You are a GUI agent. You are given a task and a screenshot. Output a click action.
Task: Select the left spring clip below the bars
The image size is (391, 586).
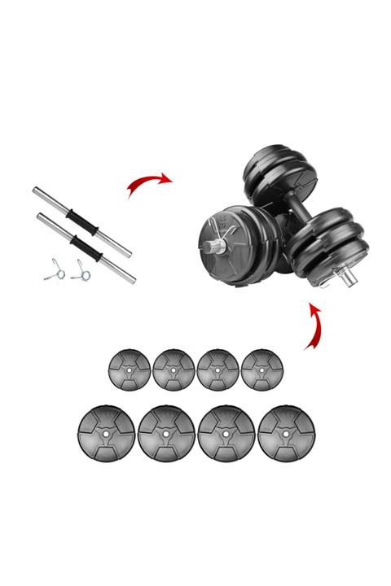pyautogui.click(x=53, y=270)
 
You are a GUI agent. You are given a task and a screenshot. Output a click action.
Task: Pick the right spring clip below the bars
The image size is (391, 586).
pyautogui.click(x=79, y=270)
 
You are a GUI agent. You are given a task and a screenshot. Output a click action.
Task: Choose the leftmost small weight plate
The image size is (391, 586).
pyautogui.click(x=129, y=368)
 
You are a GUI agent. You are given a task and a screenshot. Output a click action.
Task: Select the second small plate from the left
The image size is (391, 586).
pyautogui.click(x=173, y=368)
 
